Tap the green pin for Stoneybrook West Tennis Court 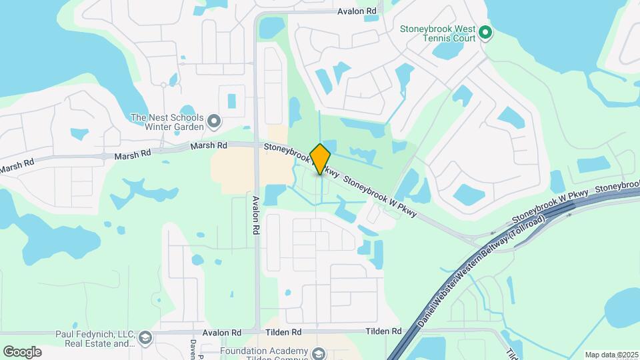pos(486,32)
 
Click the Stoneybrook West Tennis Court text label pos(437,33)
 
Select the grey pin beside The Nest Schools pos(214,121)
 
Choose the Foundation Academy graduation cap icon pos(319,353)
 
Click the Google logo pos(23,351)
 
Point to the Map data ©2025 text pos(611,355)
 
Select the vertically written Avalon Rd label pos(255,214)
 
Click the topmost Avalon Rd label pos(357,11)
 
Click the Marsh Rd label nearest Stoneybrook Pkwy pos(208,145)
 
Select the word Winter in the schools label pos(150,126)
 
